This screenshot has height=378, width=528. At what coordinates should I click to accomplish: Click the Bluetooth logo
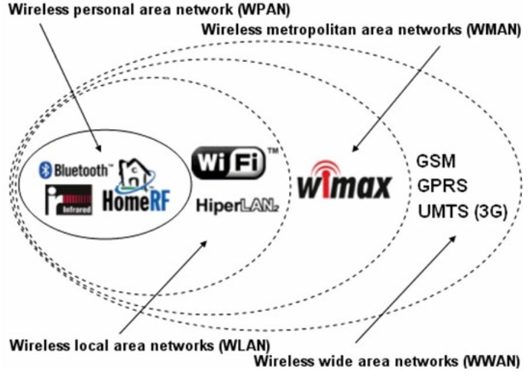click(74, 170)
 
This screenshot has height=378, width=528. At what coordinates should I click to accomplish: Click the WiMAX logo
click(344, 186)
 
